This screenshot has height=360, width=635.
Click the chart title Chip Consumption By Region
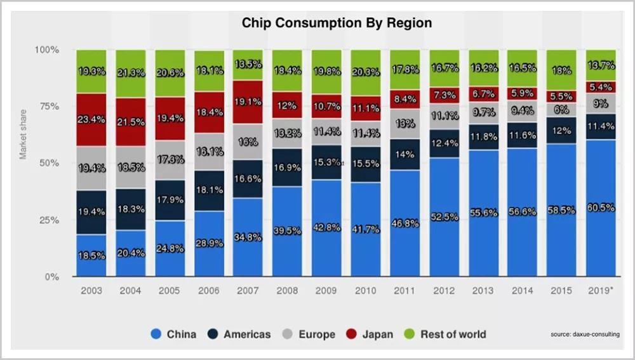tap(337, 23)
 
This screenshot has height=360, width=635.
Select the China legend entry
tap(173, 334)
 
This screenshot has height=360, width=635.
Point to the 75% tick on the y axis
tap(48, 107)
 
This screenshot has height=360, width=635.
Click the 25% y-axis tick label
tap(48, 220)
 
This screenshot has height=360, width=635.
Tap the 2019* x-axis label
tap(601, 290)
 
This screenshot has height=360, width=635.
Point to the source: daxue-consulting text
tap(585, 335)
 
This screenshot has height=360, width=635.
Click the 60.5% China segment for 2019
tap(601, 208)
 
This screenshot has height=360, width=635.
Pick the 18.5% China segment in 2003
tap(92, 255)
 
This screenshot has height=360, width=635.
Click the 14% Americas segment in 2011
tap(404, 154)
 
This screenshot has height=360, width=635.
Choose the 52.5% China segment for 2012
tap(444, 217)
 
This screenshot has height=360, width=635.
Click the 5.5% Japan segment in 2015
tap(561, 97)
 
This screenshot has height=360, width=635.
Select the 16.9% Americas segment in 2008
tap(288, 168)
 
